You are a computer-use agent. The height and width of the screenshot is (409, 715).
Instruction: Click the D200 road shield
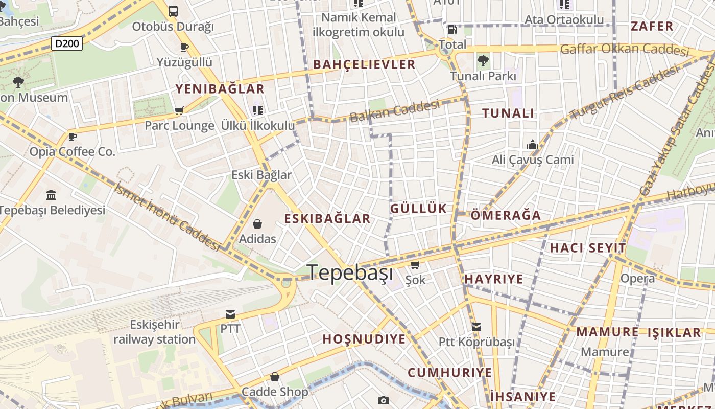[x=67, y=43]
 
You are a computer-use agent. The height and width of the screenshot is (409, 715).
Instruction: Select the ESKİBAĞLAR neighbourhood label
[x=327, y=219]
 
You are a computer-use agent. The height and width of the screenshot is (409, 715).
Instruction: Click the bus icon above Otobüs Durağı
[x=173, y=11]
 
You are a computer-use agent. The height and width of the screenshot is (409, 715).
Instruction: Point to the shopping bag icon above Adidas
[x=257, y=224]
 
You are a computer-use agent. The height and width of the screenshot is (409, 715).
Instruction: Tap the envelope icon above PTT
[x=230, y=314]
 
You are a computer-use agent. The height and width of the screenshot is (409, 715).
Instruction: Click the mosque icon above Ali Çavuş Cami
[x=533, y=145]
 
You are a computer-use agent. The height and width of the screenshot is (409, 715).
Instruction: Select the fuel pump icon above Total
[x=452, y=30]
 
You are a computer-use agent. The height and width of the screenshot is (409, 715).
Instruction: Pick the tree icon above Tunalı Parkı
[x=483, y=61]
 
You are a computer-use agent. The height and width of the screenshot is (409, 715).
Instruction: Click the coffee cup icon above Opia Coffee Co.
[x=73, y=137]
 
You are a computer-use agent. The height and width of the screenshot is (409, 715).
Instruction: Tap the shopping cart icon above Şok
[x=415, y=265]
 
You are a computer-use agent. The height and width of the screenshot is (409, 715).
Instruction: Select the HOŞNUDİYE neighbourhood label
[x=364, y=339]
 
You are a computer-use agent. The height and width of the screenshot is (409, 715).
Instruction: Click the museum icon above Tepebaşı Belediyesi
[x=51, y=195]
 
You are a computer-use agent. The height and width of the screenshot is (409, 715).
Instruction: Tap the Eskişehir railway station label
[x=155, y=332]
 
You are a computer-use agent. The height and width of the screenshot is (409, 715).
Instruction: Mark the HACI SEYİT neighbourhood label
[x=587, y=248]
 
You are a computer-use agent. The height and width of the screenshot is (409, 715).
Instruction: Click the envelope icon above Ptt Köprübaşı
[x=476, y=327]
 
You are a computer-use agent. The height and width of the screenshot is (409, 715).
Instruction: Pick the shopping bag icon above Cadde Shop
[x=275, y=377]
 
